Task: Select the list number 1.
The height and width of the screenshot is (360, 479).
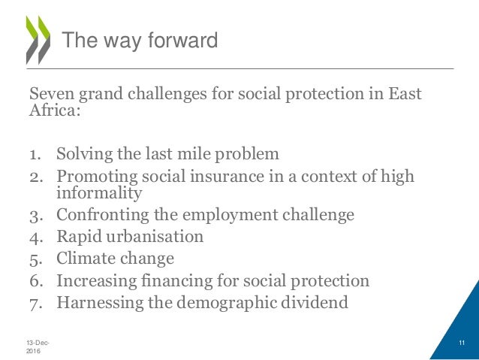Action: (35, 155)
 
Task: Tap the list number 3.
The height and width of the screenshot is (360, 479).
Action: (35, 215)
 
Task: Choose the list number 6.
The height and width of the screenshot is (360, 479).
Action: (35, 282)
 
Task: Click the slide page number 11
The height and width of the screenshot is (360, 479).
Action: (462, 343)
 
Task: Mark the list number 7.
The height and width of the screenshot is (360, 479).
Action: (35, 304)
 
